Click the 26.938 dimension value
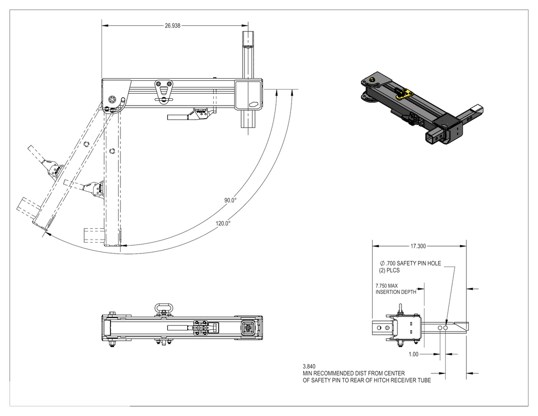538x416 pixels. pos(173,25)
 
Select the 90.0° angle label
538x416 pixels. pos(230,200)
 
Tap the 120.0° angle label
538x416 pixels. pos(223,224)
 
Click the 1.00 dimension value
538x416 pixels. pos(412,355)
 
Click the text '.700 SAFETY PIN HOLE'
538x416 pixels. pos(412,263)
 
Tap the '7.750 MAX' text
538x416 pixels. pos(387,286)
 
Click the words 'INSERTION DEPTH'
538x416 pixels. pos(396,292)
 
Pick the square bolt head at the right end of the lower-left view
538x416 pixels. pos(248,328)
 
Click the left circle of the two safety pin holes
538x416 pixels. pos(440,328)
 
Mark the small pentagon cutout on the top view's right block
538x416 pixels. pos(253,105)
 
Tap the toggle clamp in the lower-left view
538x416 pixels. pos(202,327)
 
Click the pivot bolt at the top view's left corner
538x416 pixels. pos(113,99)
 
